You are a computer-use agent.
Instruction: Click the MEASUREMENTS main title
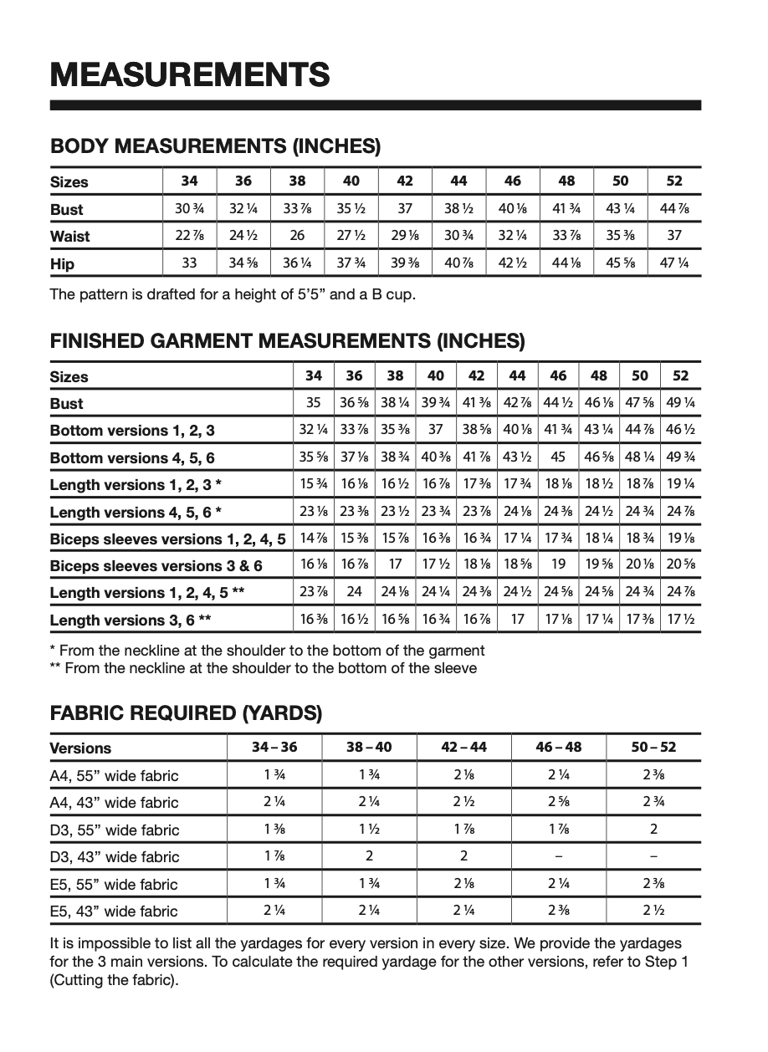(x=190, y=74)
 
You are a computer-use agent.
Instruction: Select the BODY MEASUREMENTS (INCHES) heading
(x=216, y=147)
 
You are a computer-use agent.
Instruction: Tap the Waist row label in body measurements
(x=69, y=237)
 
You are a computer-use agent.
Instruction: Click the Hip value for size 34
(x=189, y=263)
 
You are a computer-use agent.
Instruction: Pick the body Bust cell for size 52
(x=674, y=209)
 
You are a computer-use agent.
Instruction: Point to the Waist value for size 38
(x=297, y=236)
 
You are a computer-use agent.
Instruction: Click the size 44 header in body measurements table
(x=458, y=181)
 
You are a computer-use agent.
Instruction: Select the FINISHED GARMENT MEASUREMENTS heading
(x=288, y=341)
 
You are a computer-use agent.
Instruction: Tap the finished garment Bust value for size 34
(x=314, y=403)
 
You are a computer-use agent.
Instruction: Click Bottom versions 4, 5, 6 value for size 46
(x=558, y=457)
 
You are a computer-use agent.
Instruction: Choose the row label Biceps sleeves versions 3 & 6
(x=156, y=566)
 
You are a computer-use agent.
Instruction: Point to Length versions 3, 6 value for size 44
(x=517, y=620)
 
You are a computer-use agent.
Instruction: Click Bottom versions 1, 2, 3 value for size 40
(x=435, y=430)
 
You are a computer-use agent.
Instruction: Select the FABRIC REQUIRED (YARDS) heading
(x=186, y=714)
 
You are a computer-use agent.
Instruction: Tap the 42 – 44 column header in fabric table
(x=464, y=748)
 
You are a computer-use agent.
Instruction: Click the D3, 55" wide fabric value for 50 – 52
(x=653, y=830)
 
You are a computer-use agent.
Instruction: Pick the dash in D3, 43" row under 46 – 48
(x=559, y=856)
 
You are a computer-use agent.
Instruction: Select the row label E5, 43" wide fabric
(x=114, y=912)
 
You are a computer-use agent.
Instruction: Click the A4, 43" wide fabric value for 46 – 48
(x=559, y=802)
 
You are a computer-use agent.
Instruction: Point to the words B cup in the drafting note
(x=391, y=294)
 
